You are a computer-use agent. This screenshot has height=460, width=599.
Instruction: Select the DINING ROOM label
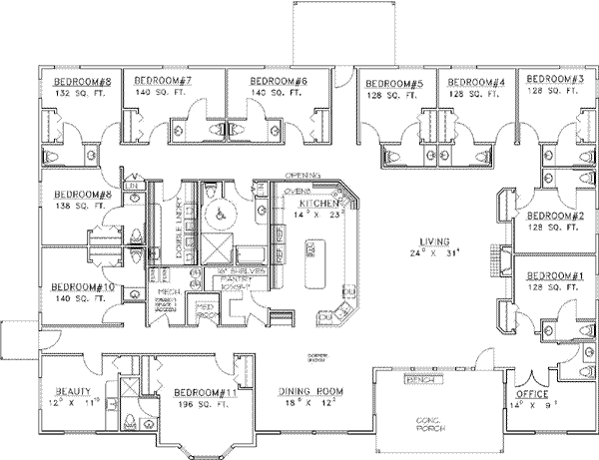(x=306, y=392)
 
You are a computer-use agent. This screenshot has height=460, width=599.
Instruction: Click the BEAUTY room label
(x=73, y=392)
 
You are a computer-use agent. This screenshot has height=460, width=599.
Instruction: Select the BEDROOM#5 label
(x=394, y=81)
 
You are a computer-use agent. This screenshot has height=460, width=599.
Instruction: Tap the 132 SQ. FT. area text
(x=67, y=91)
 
